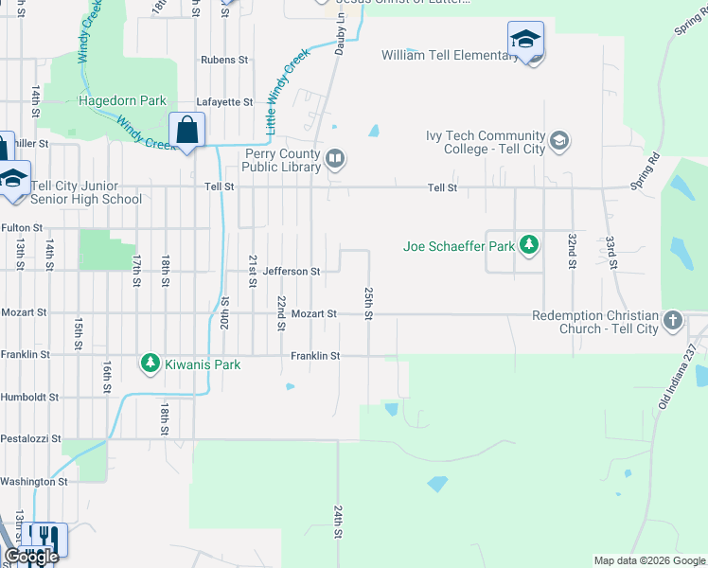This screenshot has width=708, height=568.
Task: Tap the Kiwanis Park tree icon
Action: tap(150, 364)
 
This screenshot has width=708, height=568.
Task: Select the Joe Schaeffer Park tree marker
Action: tap(529, 247)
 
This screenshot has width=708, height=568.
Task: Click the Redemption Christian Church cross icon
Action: tap(673, 321)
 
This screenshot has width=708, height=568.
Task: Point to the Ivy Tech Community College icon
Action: tap(559, 142)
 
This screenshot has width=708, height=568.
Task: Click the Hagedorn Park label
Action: tap(123, 100)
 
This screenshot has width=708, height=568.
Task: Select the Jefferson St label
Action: tap(292, 272)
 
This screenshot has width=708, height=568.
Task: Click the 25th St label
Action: tap(368, 302)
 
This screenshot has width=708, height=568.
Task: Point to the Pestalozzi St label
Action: tap(30, 439)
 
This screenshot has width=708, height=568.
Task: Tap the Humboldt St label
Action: tap(29, 398)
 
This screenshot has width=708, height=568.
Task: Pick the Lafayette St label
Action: tap(224, 102)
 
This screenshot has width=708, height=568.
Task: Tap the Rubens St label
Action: tap(224, 60)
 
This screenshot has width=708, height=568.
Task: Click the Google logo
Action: tap(32, 557)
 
